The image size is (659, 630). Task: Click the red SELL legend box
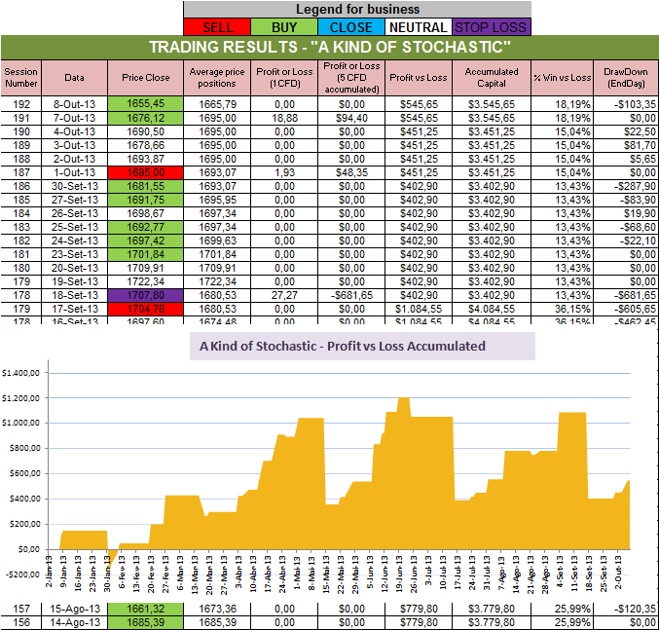pos(217,27)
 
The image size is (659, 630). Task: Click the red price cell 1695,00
pos(146,171)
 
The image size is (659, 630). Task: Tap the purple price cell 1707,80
pos(146,294)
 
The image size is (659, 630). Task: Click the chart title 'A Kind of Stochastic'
pos(342,346)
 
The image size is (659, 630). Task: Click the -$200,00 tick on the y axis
pos(23,574)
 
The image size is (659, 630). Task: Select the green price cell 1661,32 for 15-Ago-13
pos(146,608)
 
